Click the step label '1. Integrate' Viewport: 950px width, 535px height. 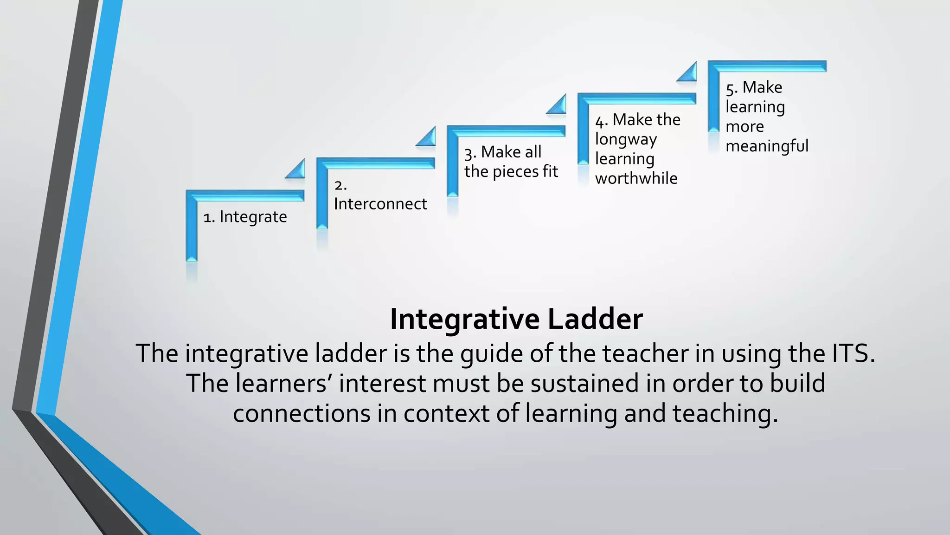point(245,217)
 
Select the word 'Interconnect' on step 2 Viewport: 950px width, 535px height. point(380,204)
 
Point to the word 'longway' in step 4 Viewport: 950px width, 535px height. point(626,139)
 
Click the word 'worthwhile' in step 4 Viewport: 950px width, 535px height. point(636,178)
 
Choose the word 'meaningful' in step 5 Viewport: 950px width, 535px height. point(767,146)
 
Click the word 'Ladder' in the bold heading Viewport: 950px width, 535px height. point(595,319)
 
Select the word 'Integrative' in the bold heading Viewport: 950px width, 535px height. point(465,319)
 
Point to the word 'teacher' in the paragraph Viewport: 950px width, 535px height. point(645,353)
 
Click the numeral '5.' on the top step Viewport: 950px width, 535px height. point(732,88)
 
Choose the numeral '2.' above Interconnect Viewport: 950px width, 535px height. point(340,185)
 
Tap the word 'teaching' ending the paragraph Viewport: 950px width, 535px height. point(725,413)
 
